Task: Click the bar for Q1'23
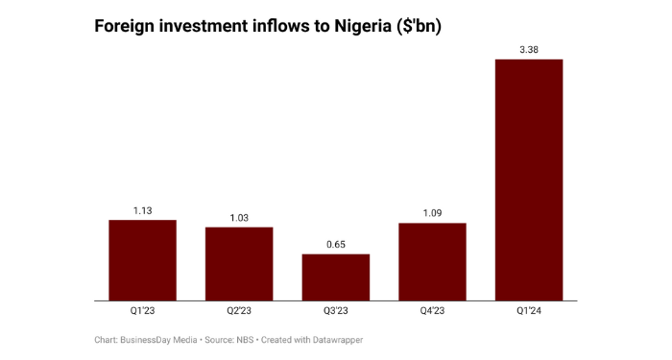tap(142, 260)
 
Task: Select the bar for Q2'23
tap(239, 264)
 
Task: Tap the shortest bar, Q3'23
tap(336, 277)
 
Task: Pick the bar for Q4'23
tap(432, 262)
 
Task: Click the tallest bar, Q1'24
tap(529, 180)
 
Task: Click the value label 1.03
tap(239, 218)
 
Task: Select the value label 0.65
tap(336, 245)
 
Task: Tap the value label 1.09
tap(432, 214)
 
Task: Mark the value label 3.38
tap(529, 50)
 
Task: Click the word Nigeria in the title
tap(361, 27)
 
